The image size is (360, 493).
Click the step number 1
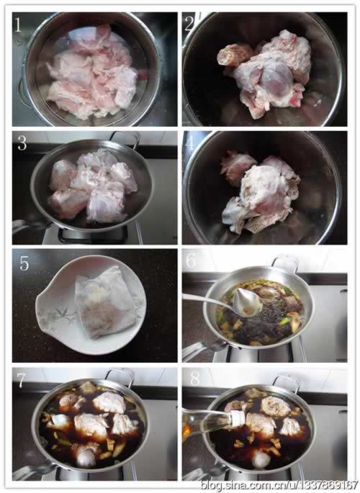[18, 25]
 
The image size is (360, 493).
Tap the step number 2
[189, 24]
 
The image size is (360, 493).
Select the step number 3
[22, 143]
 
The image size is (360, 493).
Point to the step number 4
[191, 143]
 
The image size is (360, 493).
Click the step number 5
[24, 263]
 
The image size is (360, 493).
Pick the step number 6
[191, 261]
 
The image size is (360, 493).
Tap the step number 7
[21, 380]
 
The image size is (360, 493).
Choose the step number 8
[195, 379]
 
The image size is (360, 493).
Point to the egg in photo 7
[86, 458]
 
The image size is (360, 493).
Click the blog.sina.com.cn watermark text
[279, 485]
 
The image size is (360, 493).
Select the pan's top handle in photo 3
[125, 137]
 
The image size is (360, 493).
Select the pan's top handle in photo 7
[120, 375]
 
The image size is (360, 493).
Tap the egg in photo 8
[261, 460]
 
